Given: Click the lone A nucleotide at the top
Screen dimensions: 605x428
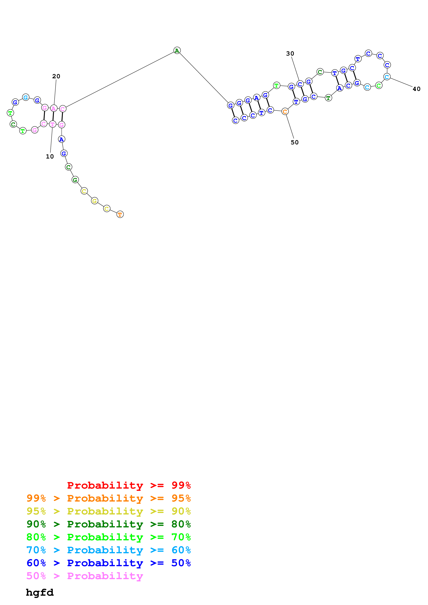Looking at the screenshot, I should (177, 50).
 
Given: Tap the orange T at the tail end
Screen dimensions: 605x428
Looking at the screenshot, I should (120, 215).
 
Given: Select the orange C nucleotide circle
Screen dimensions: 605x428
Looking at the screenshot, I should (285, 112).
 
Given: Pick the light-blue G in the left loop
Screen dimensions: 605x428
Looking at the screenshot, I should (26, 97).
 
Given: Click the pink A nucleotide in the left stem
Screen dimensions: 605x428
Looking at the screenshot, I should (54, 108).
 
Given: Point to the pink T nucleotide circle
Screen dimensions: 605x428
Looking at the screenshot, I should (52, 124).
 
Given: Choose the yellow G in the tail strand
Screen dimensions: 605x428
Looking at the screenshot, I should (94, 201).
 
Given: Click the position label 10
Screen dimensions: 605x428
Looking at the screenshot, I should (50, 157).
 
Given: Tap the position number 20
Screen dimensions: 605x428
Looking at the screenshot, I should (56, 76).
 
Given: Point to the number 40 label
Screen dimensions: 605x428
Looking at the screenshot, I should (416, 89).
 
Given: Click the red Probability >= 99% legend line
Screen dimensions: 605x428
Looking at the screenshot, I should (129, 485).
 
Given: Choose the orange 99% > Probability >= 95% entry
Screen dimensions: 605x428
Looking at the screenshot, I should (108, 498).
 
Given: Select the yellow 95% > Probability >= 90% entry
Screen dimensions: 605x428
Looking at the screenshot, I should (108, 511).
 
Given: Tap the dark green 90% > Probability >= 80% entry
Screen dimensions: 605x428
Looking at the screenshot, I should (108, 524).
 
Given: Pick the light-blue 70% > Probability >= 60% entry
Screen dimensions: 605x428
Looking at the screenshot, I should (108, 550).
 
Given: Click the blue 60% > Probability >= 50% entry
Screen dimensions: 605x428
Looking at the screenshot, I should (108, 563).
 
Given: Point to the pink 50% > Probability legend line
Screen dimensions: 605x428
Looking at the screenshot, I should (85, 576).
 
